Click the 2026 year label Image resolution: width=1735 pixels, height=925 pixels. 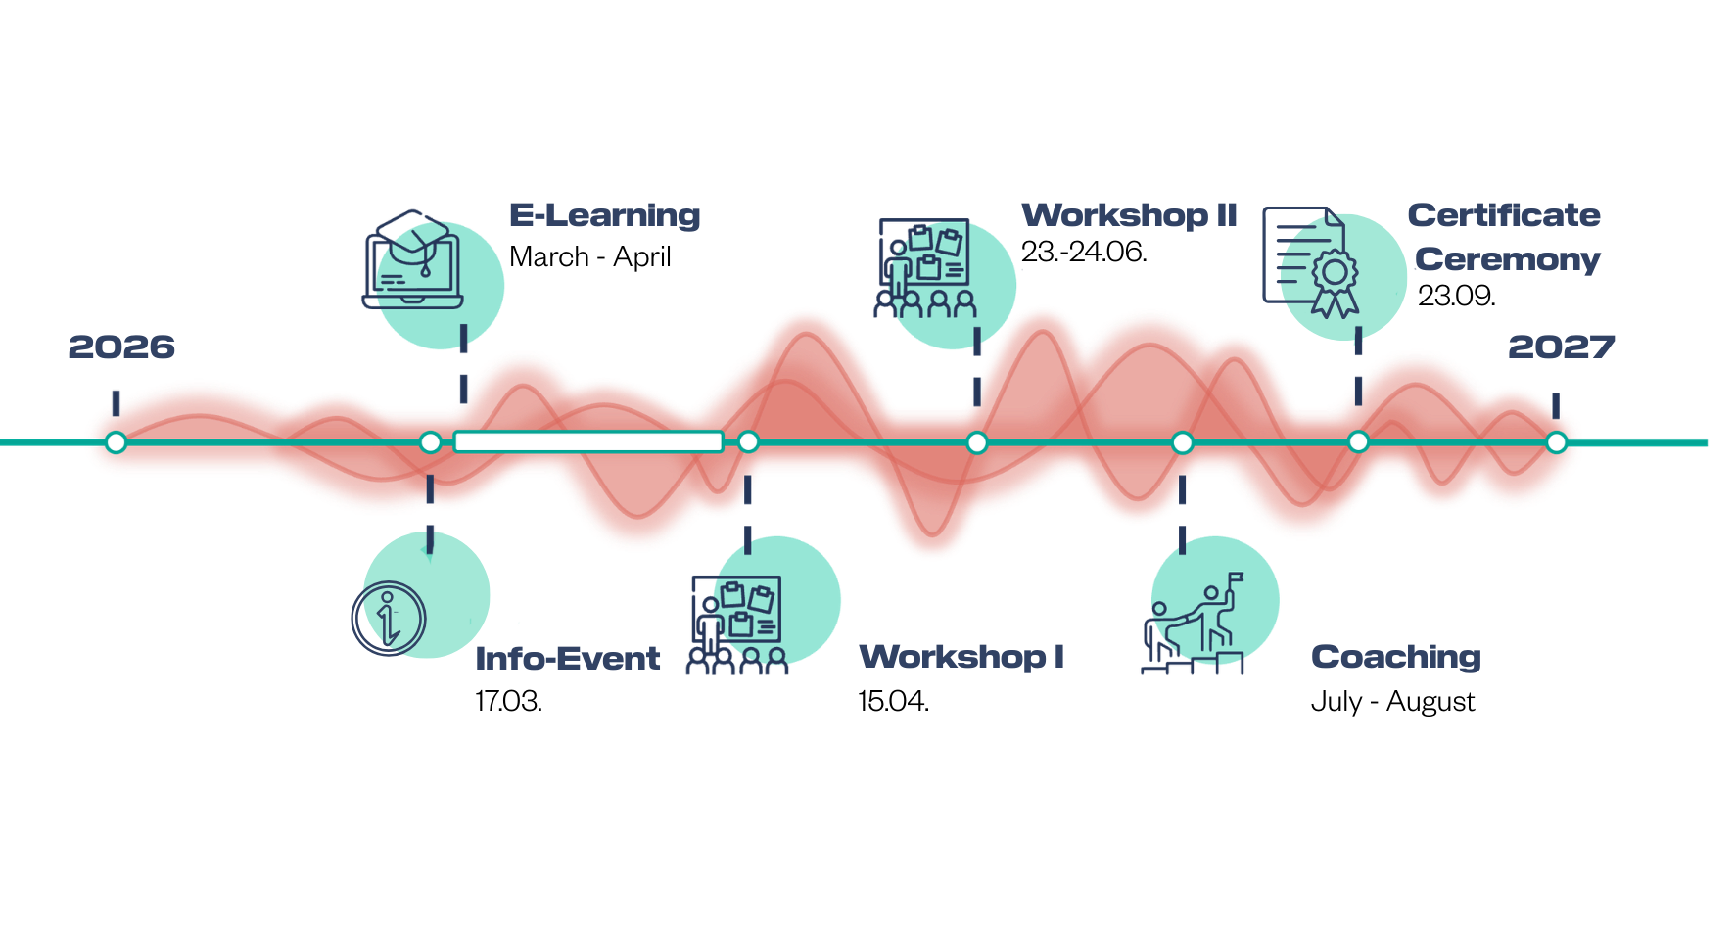point(121,347)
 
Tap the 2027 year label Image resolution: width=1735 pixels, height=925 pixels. point(1561,347)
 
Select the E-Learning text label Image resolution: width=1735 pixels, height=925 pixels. point(605,215)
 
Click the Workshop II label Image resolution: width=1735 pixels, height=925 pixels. point(1129,215)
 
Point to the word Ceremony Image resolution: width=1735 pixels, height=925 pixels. point(1508,259)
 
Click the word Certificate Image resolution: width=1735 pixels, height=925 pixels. point(1504,215)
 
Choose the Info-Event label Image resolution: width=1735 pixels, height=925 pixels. point(568,658)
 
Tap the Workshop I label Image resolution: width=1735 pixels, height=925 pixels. point(961,656)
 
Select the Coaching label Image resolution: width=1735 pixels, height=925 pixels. point(1395,657)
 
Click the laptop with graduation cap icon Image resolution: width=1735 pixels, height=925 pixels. point(413,259)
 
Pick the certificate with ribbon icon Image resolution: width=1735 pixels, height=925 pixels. point(1312,260)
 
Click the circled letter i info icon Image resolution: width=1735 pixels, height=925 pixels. point(389,618)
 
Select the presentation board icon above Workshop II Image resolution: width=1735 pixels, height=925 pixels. point(925,267)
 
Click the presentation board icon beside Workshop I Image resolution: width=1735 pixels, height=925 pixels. point(737,624)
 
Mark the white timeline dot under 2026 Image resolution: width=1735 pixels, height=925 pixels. point(117,442)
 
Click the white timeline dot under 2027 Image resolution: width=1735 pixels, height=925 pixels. point(1556,442)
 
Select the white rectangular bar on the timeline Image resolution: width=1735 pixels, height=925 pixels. point(588,442)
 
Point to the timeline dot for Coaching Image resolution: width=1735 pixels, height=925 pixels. point(1182,442)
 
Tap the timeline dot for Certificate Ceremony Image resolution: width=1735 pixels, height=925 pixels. point(1358,442)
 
